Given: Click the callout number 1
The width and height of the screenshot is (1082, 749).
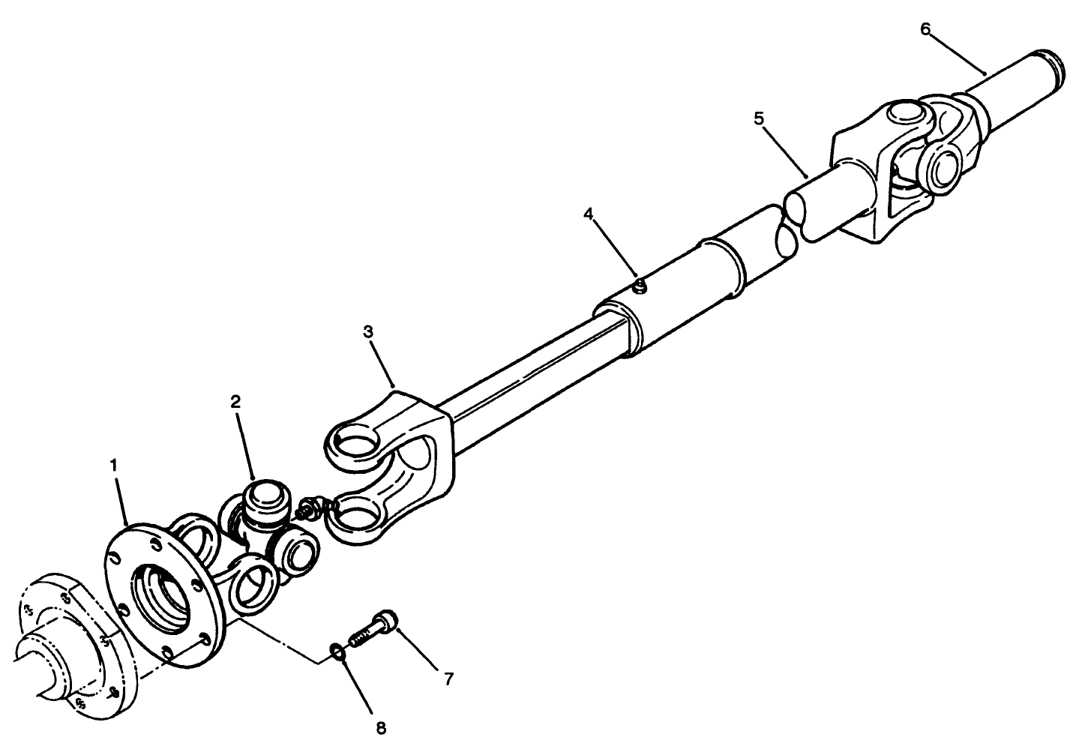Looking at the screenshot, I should point(113,465).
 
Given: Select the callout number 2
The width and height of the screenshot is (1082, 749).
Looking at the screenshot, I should point(236,401).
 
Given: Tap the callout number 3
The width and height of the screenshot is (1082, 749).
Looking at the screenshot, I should point(368,331).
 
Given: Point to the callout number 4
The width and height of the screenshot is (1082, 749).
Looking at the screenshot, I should point(589,214).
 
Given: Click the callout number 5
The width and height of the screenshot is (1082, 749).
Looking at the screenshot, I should point(759,118).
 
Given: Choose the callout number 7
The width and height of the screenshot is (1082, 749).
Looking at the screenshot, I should point(448,679).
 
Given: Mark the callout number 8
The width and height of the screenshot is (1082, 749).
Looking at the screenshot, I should point(381,727).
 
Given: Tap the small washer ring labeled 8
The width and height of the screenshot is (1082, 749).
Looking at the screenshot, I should point(338,654).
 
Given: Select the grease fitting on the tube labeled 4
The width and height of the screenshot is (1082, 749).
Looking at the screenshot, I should point(639,286).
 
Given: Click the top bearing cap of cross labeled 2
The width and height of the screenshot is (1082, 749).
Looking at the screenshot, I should point(267,498).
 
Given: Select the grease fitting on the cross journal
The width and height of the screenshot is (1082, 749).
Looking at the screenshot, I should point(310,508).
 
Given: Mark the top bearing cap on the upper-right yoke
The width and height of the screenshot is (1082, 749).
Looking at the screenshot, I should point(905,114).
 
